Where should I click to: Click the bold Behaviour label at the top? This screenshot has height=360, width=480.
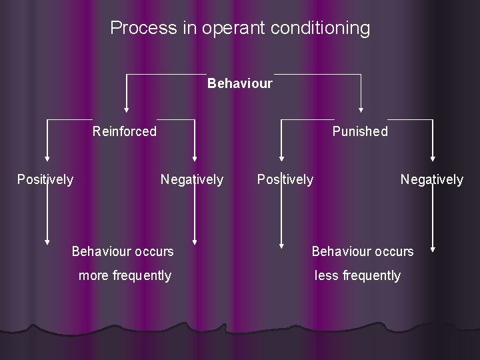(x=240, y=84)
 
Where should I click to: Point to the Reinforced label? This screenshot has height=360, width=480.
(x=125, y=131)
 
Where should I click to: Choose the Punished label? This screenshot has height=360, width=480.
(x=360, y=131)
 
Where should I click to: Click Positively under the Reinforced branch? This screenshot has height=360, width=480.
(x=45, y=179)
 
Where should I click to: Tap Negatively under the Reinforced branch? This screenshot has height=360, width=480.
(x=192, y=179)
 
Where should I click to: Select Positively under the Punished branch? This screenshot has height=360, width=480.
(x=285, y=179)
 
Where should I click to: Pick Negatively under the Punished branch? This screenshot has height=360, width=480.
(x=431, y=179)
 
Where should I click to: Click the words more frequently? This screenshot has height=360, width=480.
(x=125, y=275)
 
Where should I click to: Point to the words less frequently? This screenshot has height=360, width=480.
(x=357, y=275)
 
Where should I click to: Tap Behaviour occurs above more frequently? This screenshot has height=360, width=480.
(x=123, y=251)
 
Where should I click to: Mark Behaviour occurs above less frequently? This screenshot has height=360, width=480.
(x=363, y=251)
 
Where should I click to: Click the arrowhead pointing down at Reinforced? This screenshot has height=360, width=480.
(x=126, y=109)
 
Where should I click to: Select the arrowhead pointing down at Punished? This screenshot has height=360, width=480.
(x=361, y=109)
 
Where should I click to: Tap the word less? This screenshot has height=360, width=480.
(x=327, y=275)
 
